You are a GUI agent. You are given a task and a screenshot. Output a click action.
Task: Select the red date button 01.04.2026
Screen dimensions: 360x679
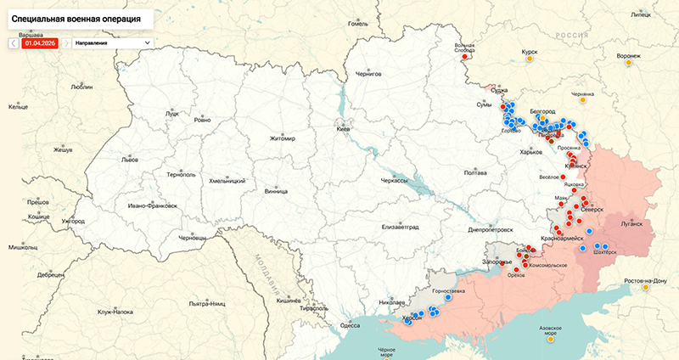40,42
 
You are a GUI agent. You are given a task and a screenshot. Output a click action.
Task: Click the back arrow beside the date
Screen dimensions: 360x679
14,42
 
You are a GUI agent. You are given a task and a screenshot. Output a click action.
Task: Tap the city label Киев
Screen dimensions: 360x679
343,129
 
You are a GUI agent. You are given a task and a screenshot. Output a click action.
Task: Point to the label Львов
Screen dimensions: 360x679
129,159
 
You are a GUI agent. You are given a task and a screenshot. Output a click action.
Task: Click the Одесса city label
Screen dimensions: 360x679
350,325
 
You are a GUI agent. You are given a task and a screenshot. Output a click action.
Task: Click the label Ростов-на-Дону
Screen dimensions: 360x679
645,280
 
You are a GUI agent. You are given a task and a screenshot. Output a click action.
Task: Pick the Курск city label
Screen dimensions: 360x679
530,52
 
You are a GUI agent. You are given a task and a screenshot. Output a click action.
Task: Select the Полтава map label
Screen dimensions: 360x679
475,173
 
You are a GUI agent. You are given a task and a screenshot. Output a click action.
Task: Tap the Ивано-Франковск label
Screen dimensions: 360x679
154,205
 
